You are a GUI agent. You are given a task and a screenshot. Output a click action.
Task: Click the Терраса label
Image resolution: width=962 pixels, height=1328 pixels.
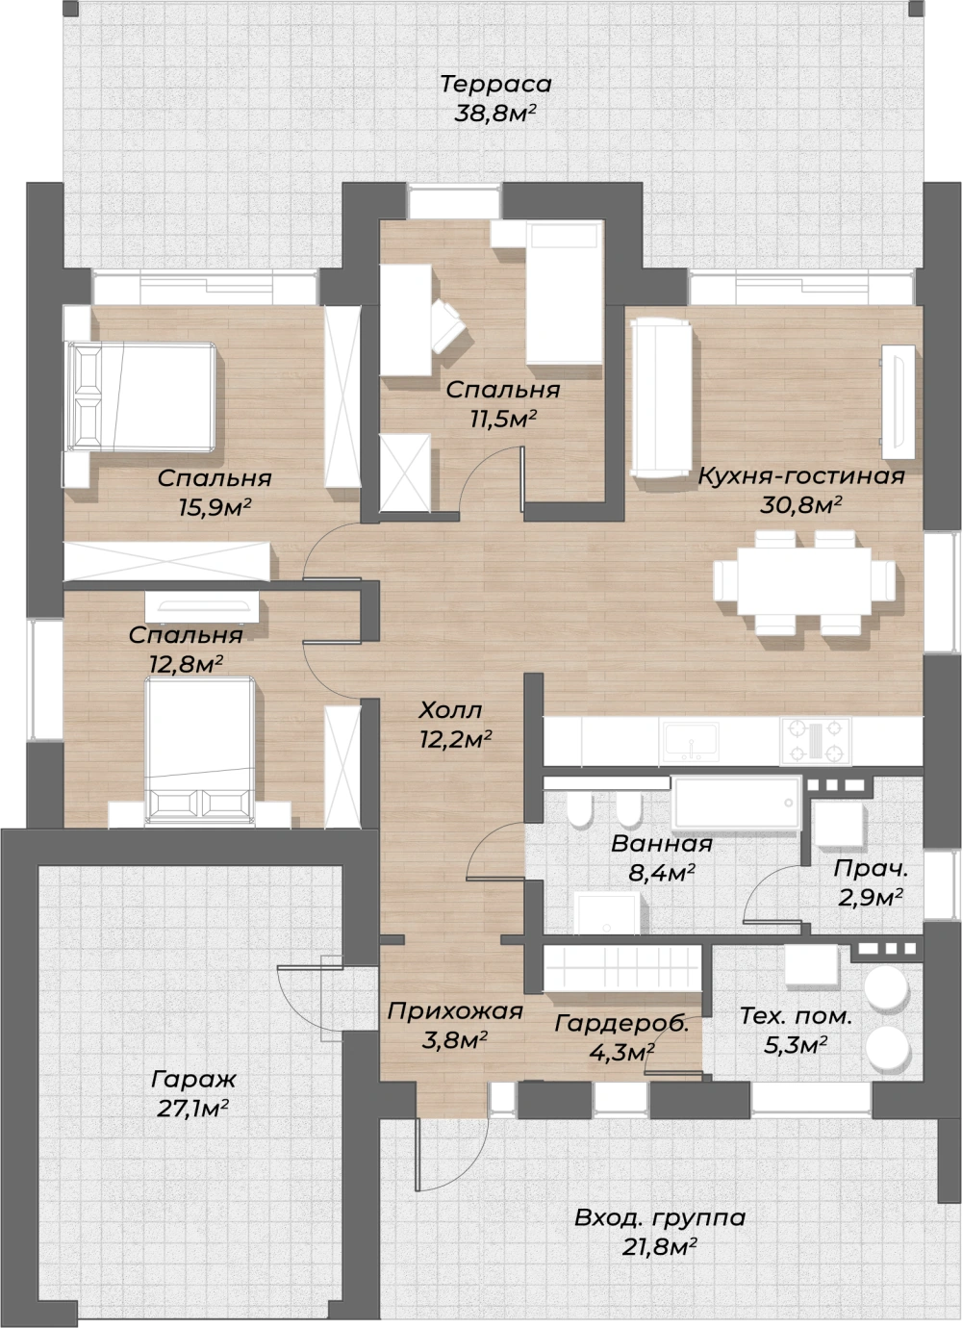coord(495,84)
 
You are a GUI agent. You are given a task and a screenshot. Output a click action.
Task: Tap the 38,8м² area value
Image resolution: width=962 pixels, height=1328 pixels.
coord(495,113)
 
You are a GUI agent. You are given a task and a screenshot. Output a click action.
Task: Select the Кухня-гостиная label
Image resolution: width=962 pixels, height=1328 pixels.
coord(801,476)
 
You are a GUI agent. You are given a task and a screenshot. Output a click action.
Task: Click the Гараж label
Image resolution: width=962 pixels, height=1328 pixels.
coord(193,1080)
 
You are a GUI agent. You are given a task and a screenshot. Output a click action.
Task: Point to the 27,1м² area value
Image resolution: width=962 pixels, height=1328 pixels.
coord(193,1108)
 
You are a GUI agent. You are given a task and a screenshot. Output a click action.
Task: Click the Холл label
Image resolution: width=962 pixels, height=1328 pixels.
coord(450,709)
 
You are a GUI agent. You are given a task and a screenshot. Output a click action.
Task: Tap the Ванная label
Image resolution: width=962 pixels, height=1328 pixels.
coord(662,844)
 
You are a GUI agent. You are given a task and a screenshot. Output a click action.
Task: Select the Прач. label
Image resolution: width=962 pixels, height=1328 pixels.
coord(871,869)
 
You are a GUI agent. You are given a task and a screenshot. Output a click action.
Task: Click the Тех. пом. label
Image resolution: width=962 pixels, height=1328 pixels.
coord(796,1017)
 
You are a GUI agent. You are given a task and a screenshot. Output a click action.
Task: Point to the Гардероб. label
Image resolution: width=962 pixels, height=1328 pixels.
coord(622,1024)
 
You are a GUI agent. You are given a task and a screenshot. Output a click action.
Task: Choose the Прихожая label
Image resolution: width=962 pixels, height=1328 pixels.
coord(455,1011)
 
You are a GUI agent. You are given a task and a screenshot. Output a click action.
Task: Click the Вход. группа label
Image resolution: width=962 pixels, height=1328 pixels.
coord(660,1218)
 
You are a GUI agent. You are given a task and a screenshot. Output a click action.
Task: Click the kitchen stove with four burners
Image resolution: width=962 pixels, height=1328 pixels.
coord(816,740)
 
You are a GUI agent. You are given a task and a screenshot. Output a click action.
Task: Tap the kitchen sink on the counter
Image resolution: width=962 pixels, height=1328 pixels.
coord(691,740)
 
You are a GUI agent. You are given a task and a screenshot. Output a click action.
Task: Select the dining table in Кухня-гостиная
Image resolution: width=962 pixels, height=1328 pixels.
coord(804,581)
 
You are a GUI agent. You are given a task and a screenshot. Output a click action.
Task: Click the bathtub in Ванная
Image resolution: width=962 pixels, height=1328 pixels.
coord(736,803)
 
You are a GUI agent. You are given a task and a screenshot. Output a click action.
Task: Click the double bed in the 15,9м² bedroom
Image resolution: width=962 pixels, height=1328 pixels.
coord(141,396)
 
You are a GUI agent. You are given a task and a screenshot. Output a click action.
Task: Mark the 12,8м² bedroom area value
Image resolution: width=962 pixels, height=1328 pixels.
coord(186,663)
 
